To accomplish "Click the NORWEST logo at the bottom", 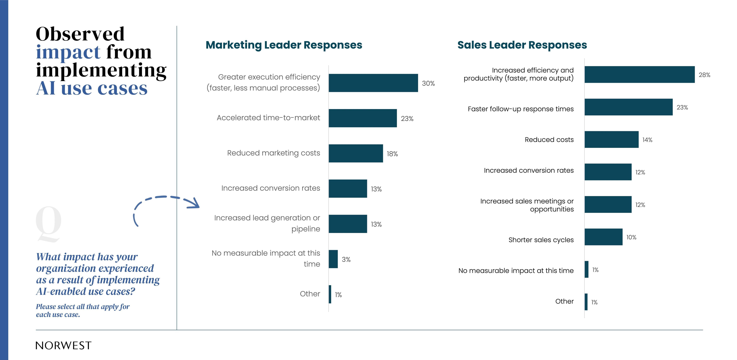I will coord(63,345).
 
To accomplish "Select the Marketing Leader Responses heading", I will coord(284,45).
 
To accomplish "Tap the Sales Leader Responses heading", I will coord(522,45).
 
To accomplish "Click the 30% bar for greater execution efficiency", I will coord(373,83).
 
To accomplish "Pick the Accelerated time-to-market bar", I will coord(362,118).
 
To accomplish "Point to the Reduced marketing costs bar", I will coord(356,153).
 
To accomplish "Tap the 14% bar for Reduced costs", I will coord(611,140).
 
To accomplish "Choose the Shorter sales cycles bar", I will coord(603,237).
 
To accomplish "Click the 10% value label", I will coord(631,237).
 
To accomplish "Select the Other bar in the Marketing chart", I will coord(330,294).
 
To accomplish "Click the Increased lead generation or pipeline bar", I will coord(348,224).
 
